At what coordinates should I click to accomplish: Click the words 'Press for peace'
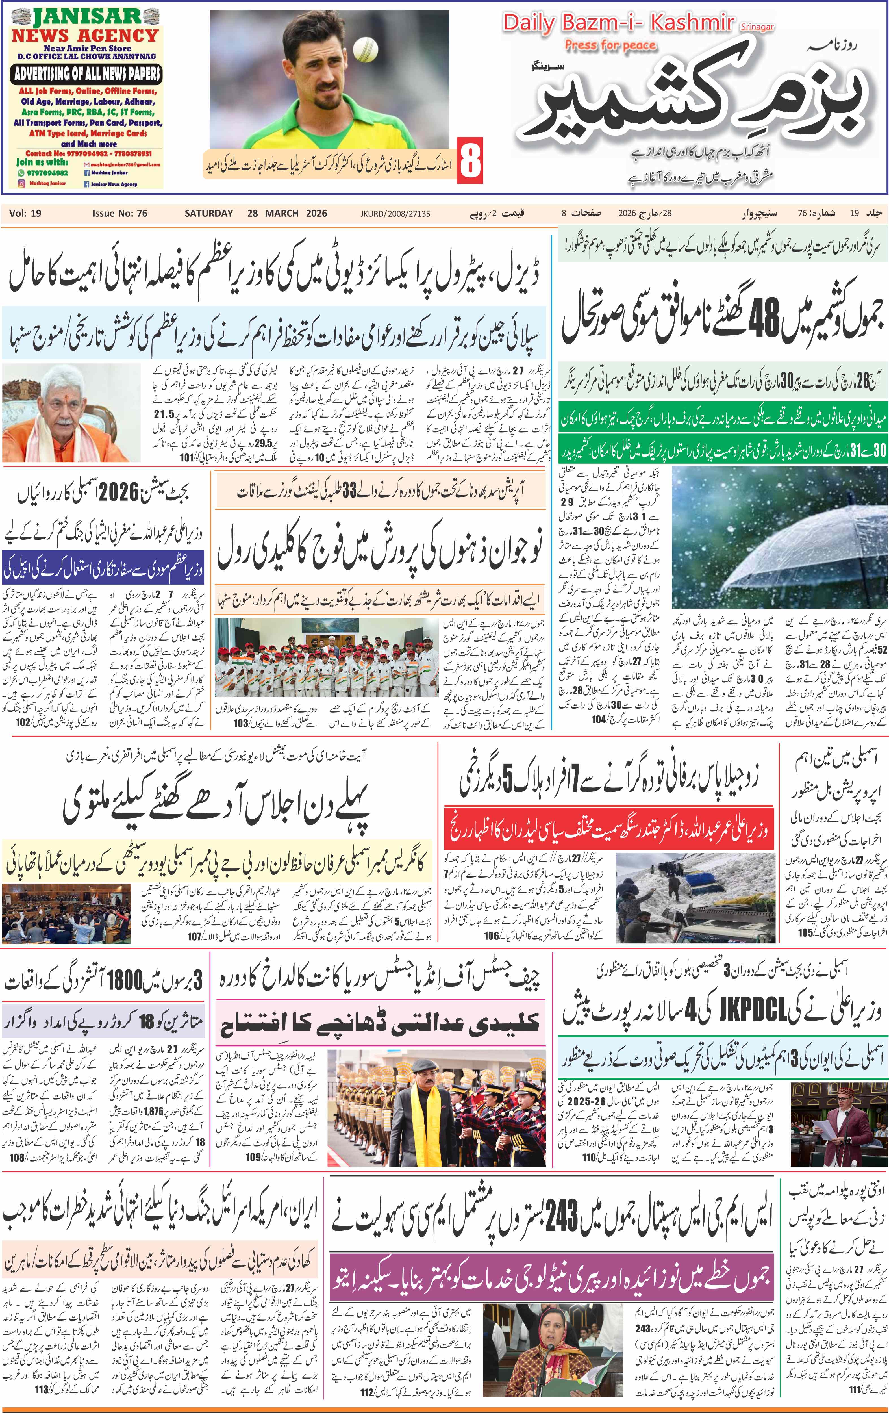[610, 45]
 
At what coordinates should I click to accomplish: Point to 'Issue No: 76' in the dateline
[120, 214]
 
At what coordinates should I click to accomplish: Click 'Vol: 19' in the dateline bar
[25, 214]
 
